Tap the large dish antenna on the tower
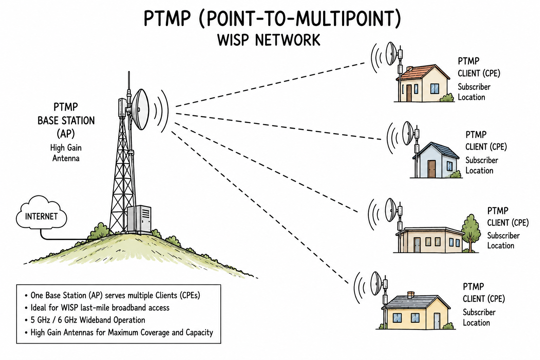140,109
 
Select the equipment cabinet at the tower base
140,219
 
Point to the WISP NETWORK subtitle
269,40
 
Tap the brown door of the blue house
432,169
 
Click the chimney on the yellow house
411,295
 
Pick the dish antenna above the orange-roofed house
391,53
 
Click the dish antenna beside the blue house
408,133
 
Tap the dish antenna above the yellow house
376,283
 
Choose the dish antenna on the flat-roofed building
391,210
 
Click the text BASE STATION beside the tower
66,121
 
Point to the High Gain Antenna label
66,153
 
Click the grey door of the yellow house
437,321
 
